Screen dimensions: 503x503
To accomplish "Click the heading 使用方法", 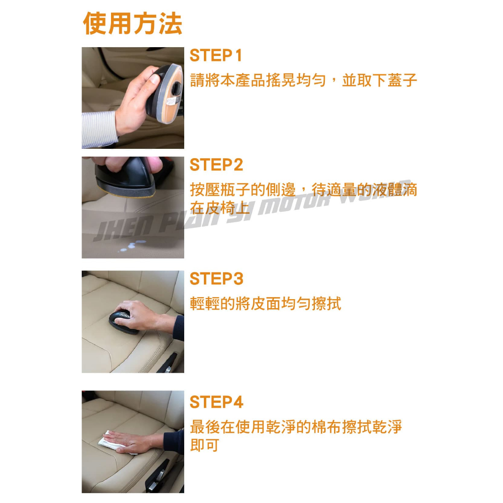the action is point(133,23).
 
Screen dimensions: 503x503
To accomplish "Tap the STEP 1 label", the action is point(216,56).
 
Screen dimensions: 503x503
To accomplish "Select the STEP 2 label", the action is point(216,165).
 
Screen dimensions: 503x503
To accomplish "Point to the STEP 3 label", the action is point(216,279).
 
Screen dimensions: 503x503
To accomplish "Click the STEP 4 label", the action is point(216,402).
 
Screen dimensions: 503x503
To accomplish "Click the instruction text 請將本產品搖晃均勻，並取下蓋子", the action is point(303,80).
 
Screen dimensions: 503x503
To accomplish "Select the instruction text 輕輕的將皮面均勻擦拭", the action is point(265,304).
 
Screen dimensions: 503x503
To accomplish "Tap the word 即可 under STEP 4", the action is point(204,445).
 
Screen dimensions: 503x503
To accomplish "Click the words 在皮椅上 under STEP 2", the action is point(220,208).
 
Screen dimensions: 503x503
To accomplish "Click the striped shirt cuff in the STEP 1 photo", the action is point(98,129).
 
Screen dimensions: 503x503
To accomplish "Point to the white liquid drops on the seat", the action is point(132,246).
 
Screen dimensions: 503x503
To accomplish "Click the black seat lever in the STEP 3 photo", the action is point(168,363).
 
